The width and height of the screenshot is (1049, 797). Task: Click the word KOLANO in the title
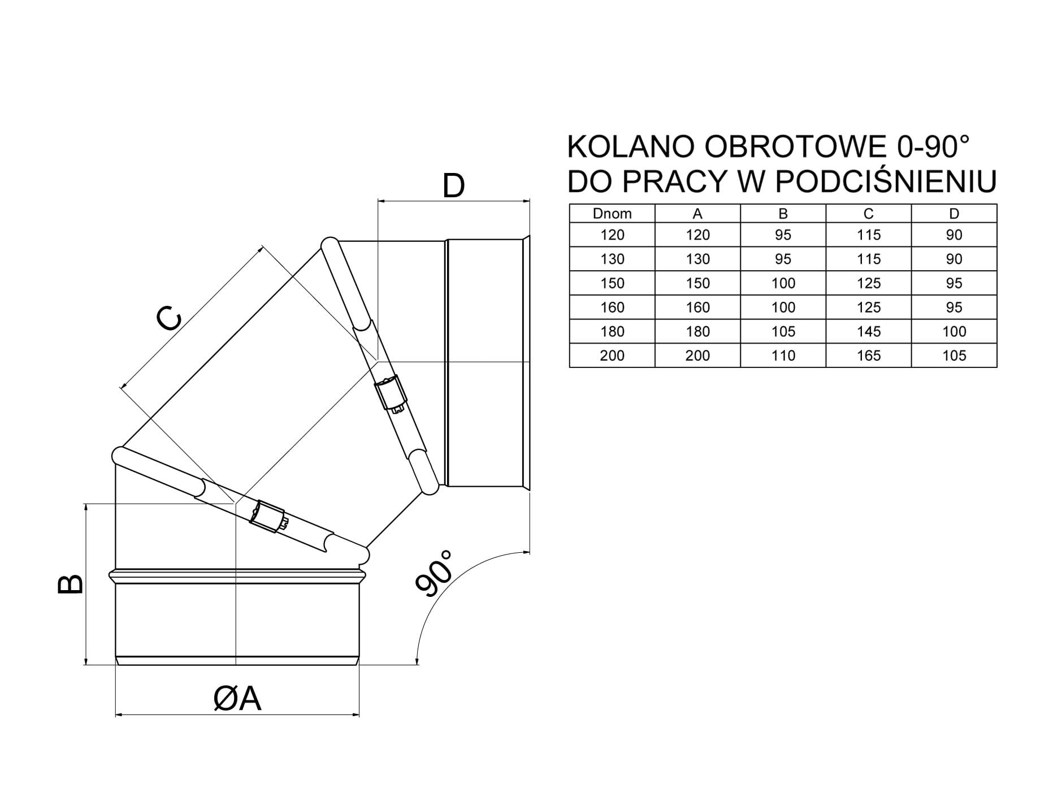click(631, 147)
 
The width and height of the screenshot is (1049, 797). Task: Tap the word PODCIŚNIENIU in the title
click(885, 181)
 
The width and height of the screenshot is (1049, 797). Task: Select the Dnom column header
click(612, 214)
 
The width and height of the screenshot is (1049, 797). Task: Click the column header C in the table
click(869, 214)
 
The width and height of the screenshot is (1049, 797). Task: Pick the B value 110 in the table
click(783, 356)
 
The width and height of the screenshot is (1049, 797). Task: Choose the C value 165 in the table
click(869, 356)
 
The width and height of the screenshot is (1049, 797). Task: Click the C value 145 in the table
click(869, 331)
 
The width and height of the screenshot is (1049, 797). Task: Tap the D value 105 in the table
click(954, 356)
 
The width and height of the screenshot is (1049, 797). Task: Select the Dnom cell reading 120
click(612, 235)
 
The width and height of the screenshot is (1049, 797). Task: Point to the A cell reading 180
click(697, 331)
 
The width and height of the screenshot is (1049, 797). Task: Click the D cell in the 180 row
click(954, 331)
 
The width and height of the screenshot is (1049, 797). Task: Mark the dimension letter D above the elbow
click(453, 186)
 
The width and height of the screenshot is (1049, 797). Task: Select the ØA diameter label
click(237, 699)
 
